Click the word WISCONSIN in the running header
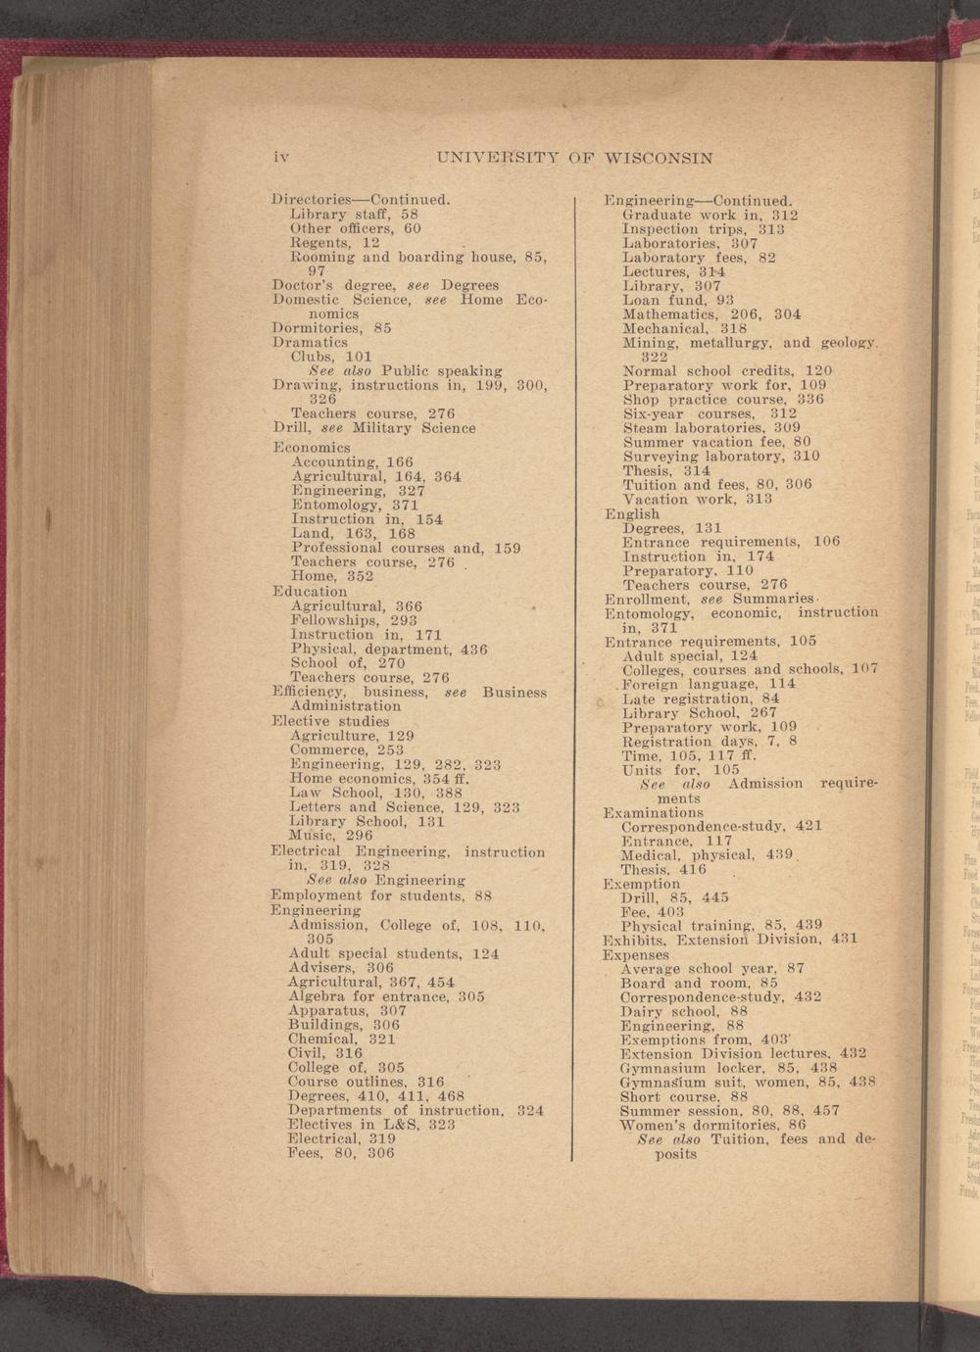point(659,158)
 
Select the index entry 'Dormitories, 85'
point(331,328)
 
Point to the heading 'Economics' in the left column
point(311,448)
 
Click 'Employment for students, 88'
point(381,895)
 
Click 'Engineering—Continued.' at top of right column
point(698,200)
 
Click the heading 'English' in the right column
point(632,513)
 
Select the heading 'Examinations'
point(653,812)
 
